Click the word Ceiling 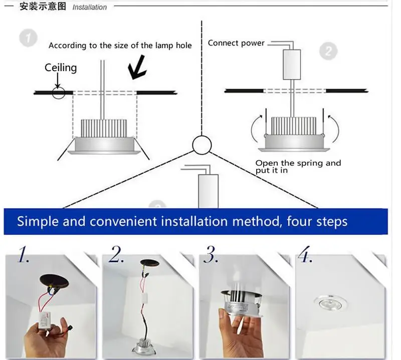(x=61, y=67)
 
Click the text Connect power (x=236, y=43)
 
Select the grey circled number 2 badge (x=328, y=51)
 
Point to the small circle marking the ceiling (x=59, y=93)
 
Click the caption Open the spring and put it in (x=297, y=166)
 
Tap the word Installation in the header (x=90, y=7)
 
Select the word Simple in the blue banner (x=38, y=221)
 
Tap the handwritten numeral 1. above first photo (x=24, y=255)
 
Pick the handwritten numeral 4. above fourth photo (x=305, y=255)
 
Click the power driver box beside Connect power (x=292, y=65)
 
